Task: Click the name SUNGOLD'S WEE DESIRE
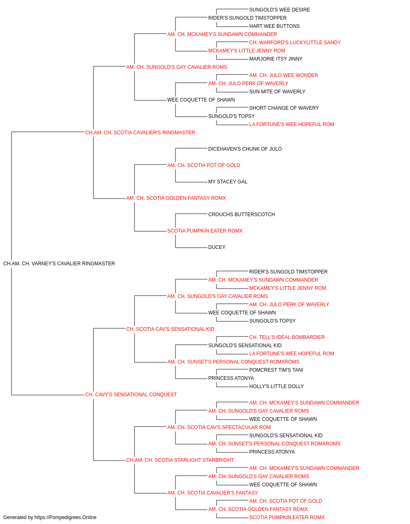[x=279, y=10]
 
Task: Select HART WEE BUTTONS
[x=274, y=26]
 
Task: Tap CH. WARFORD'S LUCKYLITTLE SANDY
[x=295, y=43]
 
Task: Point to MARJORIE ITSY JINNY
[x=276, y=59]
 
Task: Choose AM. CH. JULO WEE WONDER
[x=283, y=75]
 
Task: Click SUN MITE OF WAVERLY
[x=277, y=92]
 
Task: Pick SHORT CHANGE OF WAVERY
[x=284, y=108]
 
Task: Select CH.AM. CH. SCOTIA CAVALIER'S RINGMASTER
[x=140, y=133]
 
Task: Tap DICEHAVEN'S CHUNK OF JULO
[x=245, y=149]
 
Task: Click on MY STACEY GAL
[x=228, y=182]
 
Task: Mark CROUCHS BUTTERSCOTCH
[x=241, y=215]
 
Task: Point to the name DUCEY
[x=216, y=247]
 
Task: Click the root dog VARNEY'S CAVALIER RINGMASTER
[x=59, y=264]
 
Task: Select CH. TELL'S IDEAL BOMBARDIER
[x=287, y=337]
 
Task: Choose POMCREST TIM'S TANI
[x=276, y=370]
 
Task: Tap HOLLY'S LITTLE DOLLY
[x=276, y=386]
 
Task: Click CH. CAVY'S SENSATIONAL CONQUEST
[x=131, y=395]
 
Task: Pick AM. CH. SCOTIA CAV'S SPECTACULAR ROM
[x=219, y=427]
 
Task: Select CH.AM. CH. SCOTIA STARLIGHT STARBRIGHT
[x=180, y=460]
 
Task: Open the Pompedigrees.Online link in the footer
[x=65, y=517]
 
